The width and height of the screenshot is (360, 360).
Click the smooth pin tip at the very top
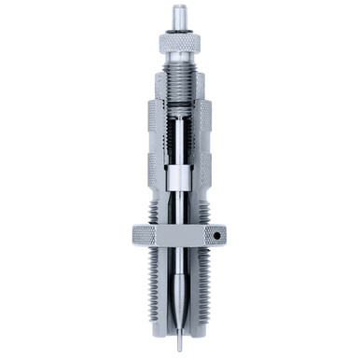pyautogui.click(x=177, y=15)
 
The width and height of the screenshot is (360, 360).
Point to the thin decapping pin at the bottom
pyautogui.click(x=177, y=327)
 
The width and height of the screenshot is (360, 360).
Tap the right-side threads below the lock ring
pyautogui.click(x=206, y=280)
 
